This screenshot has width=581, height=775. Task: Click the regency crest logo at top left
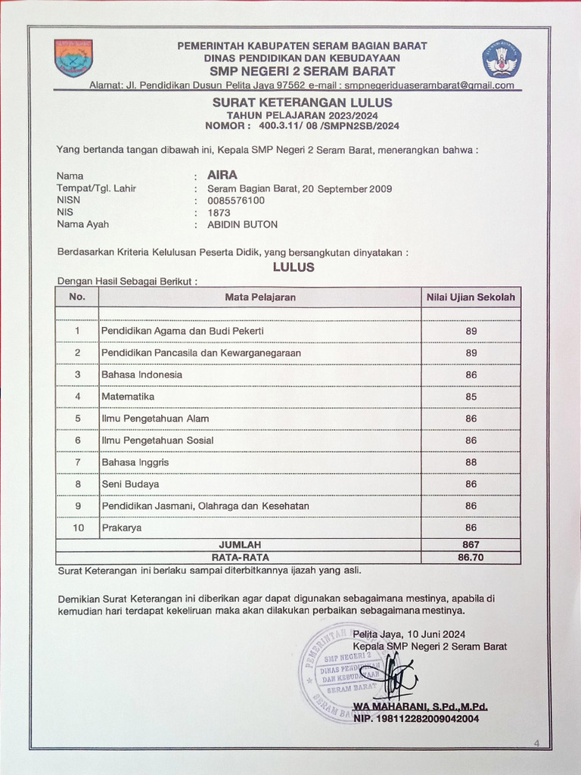[73, 58]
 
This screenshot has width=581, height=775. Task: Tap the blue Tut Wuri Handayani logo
[502, 58]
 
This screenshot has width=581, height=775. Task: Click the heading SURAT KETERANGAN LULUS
[302, 102]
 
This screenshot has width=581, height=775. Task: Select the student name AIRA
[222, 174]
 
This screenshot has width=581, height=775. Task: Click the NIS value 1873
[219, 213]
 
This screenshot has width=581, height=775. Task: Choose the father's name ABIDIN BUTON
[242, 225]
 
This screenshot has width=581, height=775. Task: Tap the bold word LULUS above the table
[294, 267]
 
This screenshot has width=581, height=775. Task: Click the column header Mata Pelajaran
[260, 297]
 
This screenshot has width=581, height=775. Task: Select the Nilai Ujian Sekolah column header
[471, 297]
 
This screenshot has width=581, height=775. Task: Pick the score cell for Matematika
[471, 397]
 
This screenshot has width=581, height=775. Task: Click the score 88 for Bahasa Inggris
[471, 462]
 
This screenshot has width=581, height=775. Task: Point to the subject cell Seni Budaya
[130, 484]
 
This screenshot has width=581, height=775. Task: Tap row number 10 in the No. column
[77, 528]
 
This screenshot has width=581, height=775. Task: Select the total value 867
[471, 544]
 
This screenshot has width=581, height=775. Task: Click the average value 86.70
[471, 557]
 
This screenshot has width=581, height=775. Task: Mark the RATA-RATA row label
[240, 557]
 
